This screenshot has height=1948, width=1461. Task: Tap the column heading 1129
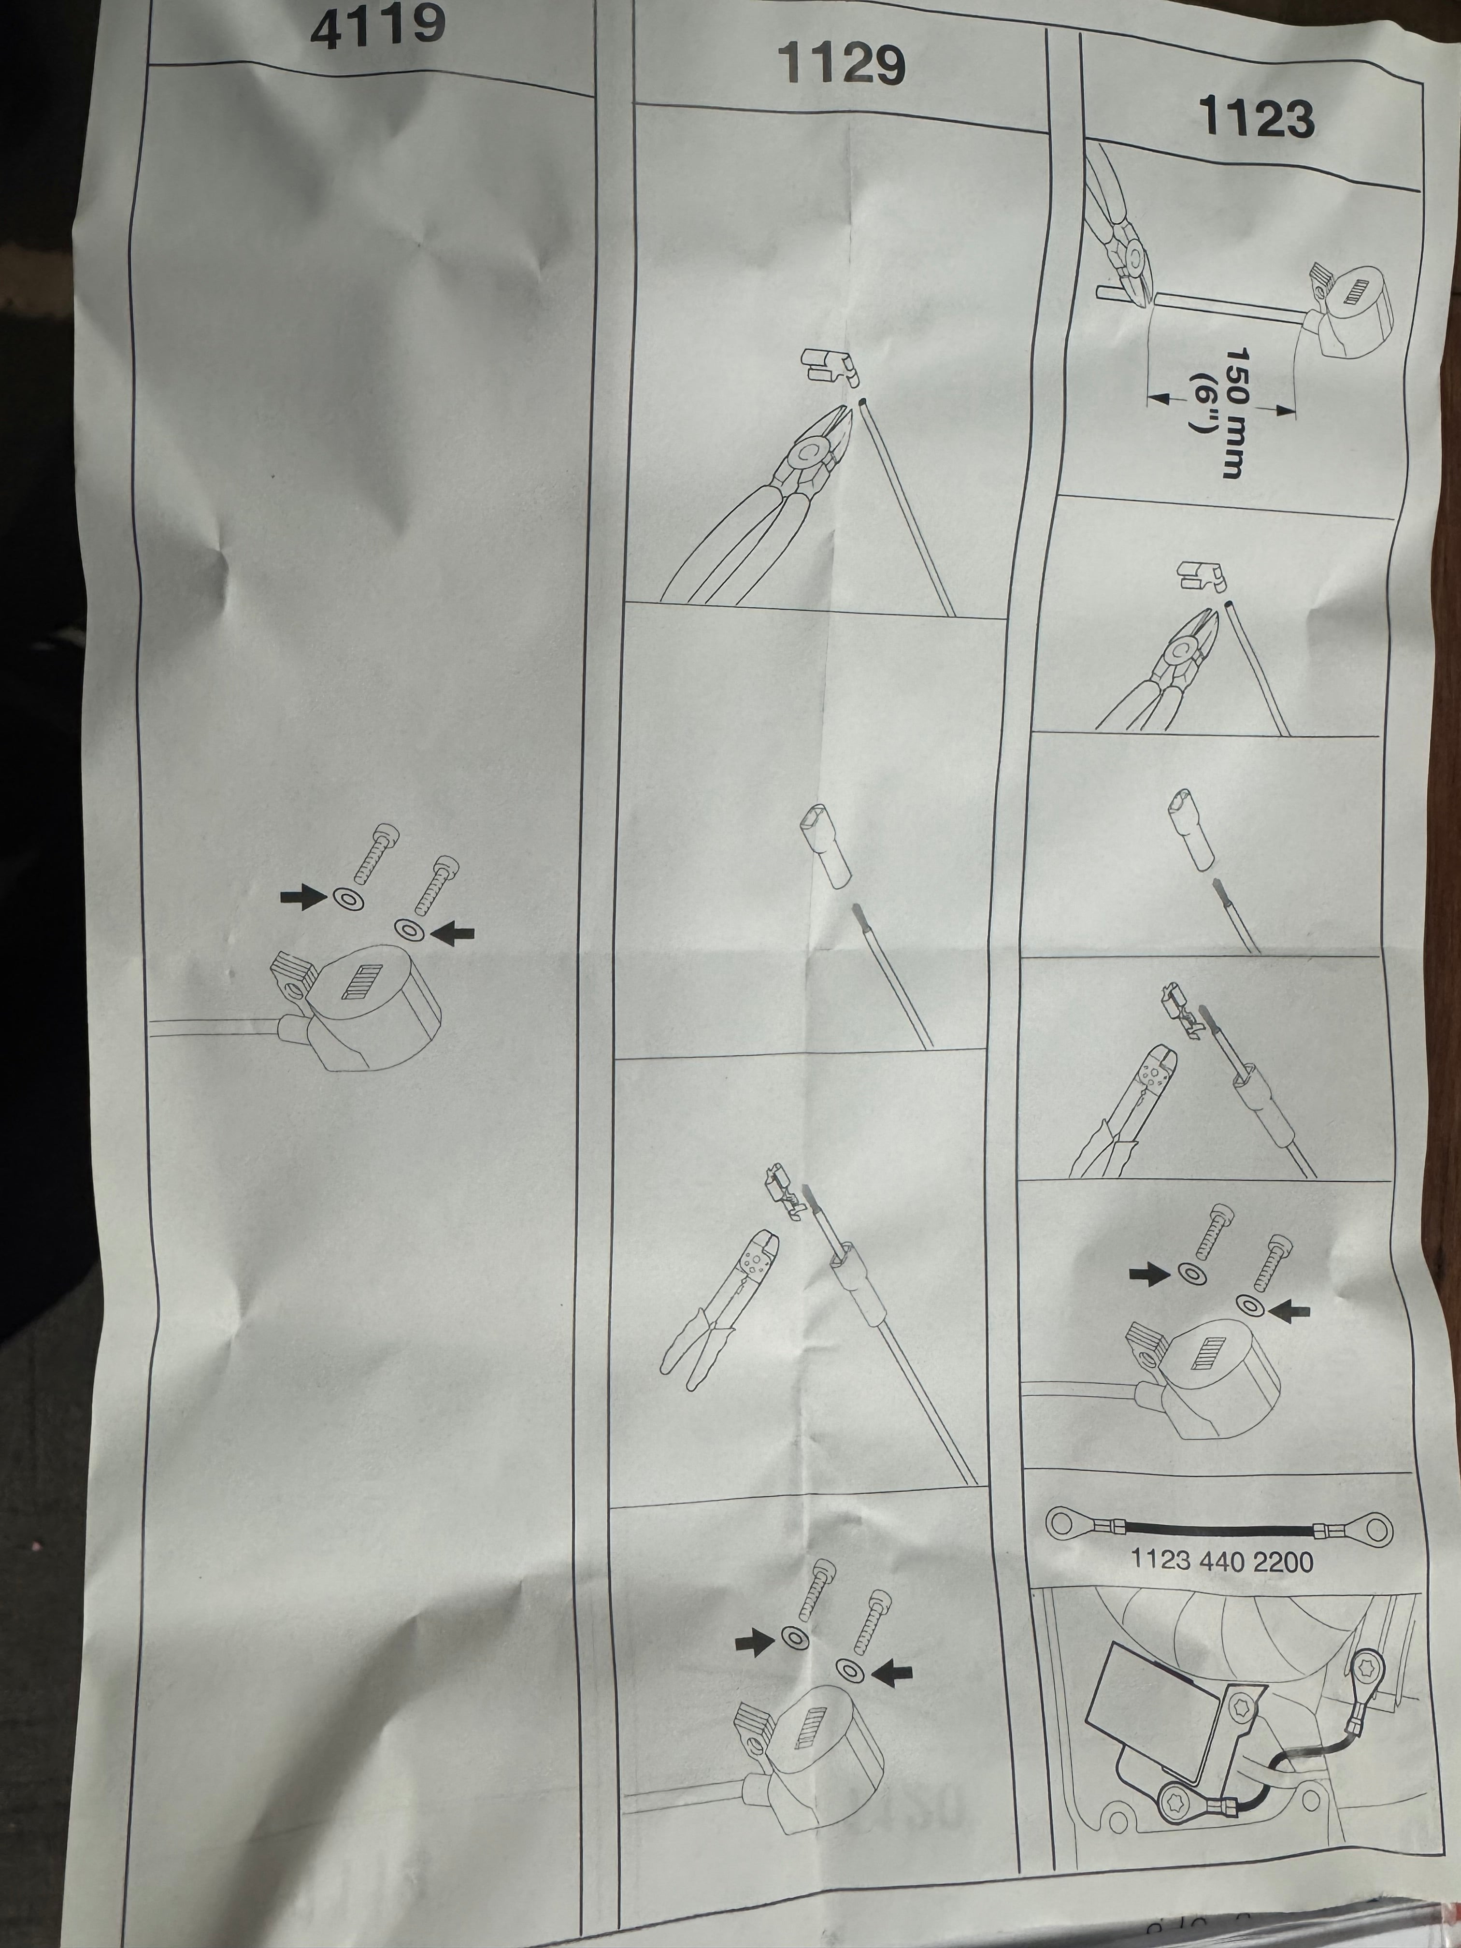[x=841, y=64]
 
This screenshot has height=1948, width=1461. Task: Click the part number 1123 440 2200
[x=1221, y=1561]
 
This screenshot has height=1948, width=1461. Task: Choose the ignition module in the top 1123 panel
[x=1343, y=313]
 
